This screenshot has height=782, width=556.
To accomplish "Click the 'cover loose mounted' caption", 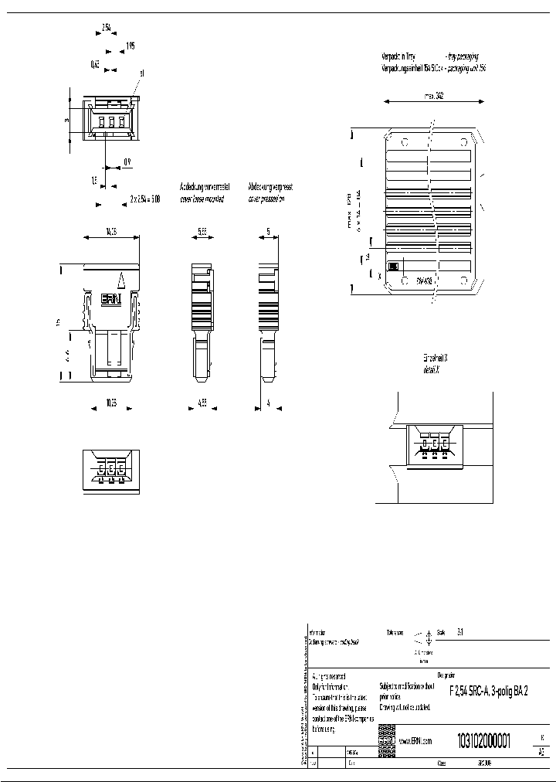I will (202, 199).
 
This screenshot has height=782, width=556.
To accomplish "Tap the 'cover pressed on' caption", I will (266, 199).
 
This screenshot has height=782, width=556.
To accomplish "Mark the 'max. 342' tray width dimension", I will (433, 97).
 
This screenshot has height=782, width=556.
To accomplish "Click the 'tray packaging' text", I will (462, 56).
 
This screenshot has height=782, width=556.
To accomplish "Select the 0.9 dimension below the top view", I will (127, 161).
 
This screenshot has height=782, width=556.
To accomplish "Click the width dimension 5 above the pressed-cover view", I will (268, 231).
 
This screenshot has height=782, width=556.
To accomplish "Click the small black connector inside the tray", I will (392, 267).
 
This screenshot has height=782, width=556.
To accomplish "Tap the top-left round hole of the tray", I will (404, 142).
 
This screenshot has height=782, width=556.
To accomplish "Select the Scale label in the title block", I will (441, 631).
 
